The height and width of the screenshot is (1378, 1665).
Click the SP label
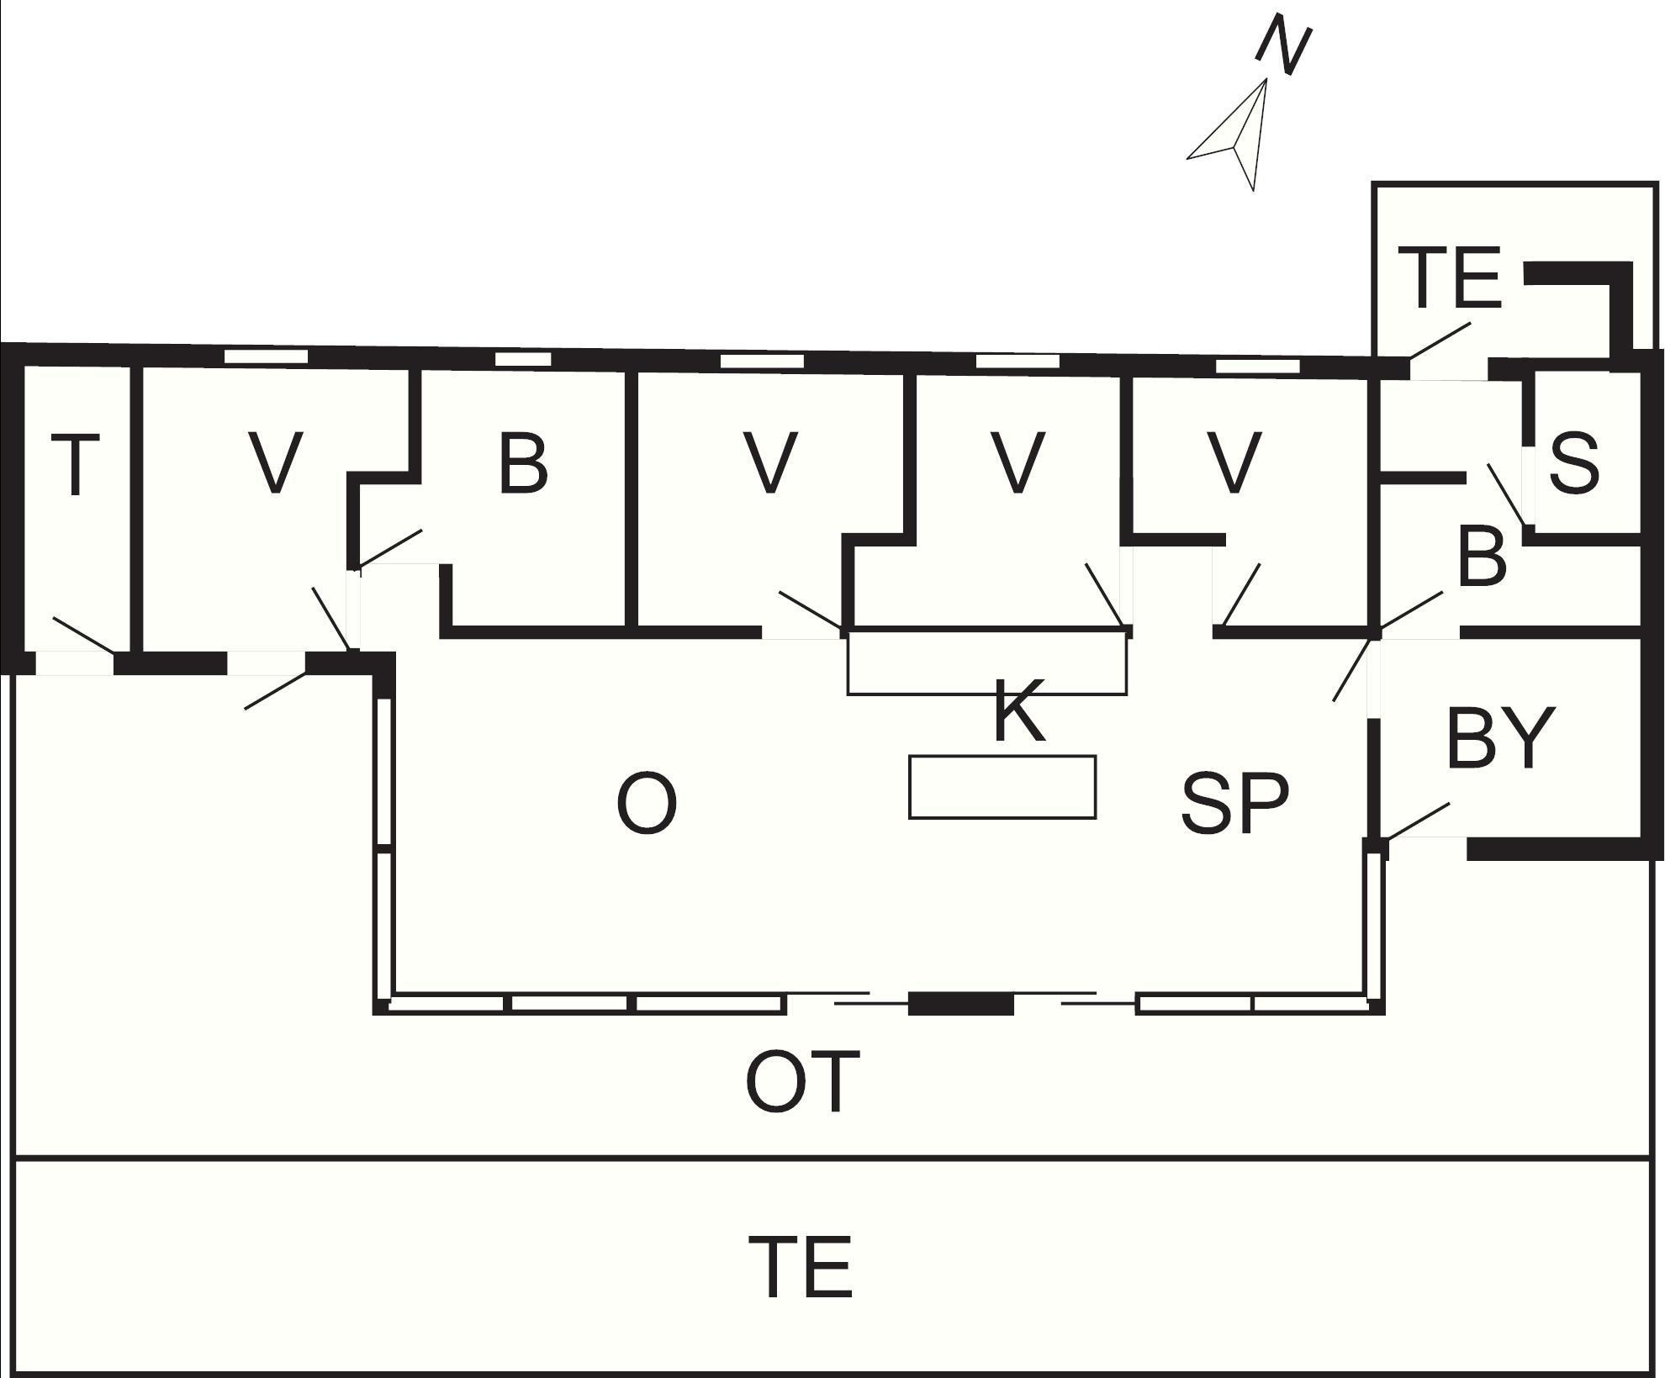[1234, 803]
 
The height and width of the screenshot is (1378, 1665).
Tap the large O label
[647, 803]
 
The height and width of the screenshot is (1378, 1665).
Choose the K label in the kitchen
[1019, 711]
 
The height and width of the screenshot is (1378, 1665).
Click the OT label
[803, 1081]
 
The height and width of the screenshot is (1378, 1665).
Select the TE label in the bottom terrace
[801, 1266]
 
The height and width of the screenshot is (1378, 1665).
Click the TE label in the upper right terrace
[1452, 277]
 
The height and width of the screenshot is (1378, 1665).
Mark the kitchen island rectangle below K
[1002, 787]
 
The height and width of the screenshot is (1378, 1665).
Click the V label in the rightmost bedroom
[1234, 462]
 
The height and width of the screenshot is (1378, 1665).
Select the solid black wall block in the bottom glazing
[961, 1003]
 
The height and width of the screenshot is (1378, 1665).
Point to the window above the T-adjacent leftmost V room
[267, 356]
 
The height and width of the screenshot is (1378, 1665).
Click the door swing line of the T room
[84, 635]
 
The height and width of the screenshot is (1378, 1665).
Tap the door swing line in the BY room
[1418, 821]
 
